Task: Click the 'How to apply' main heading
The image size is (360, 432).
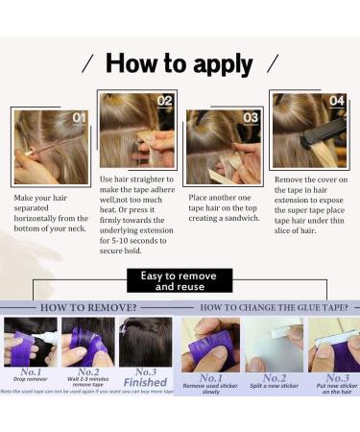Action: [x=180, y=64]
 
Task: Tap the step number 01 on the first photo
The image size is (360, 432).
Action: [x=78, y=118]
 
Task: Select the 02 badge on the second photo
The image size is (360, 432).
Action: [x=164, y=101]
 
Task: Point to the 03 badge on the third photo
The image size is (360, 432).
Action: [x=250, y=118]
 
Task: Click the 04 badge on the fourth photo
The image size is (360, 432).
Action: [x=336, y=100]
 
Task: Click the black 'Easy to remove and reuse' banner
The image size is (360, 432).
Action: [x=180, y=280]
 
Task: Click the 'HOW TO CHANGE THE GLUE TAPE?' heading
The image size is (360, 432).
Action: [x=271, y=308]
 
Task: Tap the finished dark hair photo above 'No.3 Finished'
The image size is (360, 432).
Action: [x=145, y=342]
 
